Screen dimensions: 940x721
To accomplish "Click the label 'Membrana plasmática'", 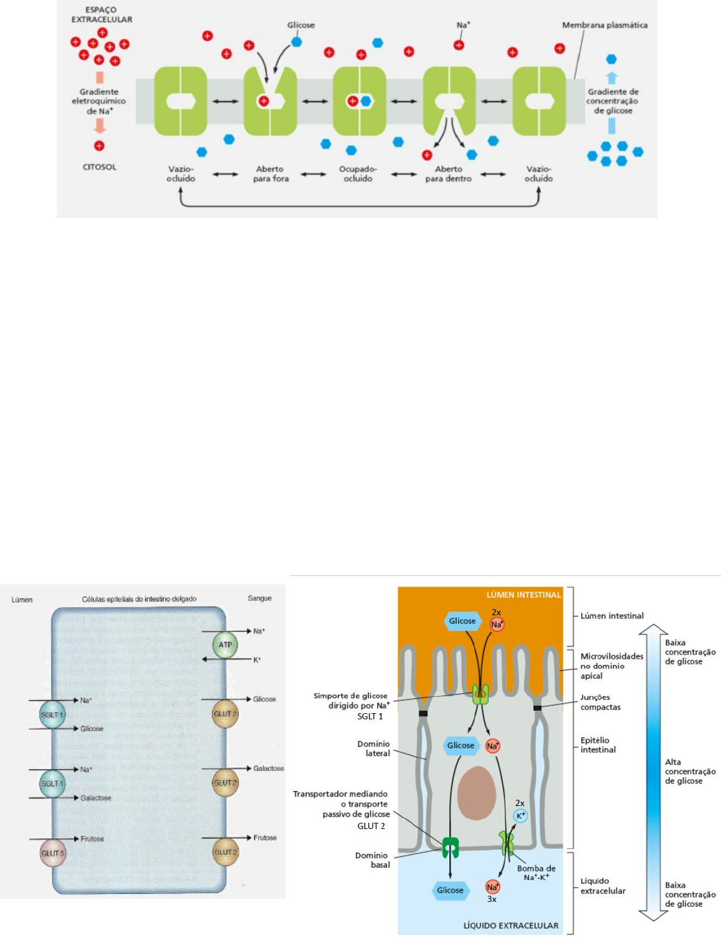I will [604, 26].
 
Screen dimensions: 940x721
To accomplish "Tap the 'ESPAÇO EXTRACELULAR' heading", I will [102, 15].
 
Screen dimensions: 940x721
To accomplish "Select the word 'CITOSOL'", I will [100, 167].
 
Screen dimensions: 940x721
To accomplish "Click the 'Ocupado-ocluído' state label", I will [358, 174].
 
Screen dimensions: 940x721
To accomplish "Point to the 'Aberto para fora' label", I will [270, 174].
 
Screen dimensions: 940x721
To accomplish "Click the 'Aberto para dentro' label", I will [448, 174].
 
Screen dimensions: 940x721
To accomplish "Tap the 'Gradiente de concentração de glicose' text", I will [613, 101].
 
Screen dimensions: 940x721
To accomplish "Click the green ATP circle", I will [225, 645].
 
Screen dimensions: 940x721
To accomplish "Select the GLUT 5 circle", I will [53, 853].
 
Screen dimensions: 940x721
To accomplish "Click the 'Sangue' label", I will [259, 598].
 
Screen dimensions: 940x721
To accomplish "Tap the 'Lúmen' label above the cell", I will [22, 600].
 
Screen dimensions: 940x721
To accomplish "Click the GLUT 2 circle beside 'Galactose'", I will [226, 783].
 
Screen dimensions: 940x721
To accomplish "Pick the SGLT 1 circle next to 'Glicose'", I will [52, 715].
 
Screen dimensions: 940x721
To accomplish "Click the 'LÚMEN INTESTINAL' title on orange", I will [523, 595].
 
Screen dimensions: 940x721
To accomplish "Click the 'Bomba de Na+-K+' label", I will [536, 873].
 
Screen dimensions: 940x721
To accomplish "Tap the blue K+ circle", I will [520, 816].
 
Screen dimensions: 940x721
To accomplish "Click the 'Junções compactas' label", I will [600, 702].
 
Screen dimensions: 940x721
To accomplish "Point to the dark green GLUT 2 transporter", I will [450, 848].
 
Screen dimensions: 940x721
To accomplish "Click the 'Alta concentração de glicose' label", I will [690, 771].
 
